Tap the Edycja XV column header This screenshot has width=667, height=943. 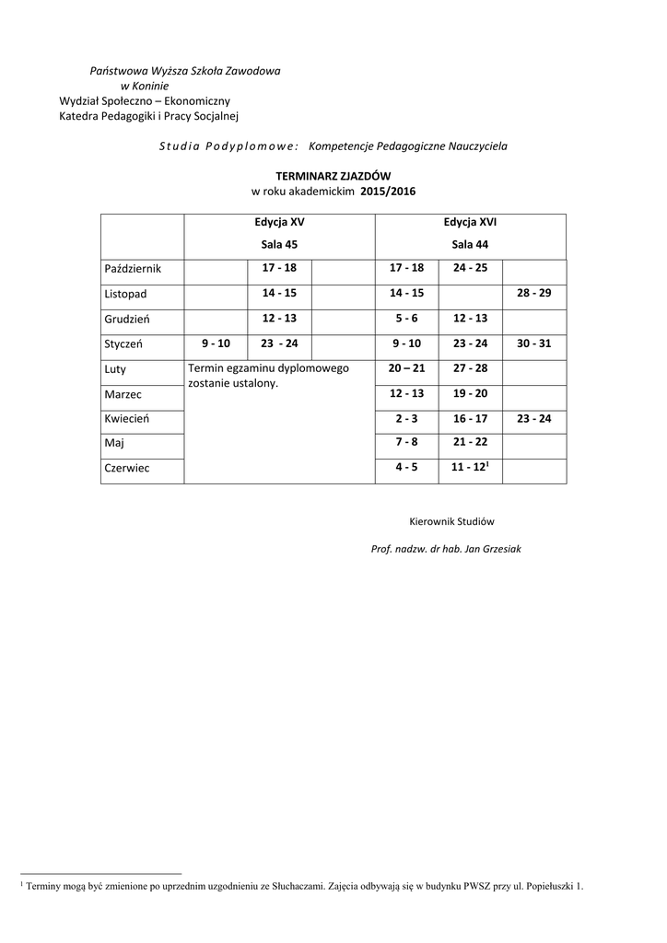(x=279, y=222)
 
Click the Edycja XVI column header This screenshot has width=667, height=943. (x=470, y=222)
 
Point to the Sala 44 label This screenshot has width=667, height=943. (x=470, y=244)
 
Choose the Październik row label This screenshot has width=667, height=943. (x=133, y=268)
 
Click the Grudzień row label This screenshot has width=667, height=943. (x=127, y=318)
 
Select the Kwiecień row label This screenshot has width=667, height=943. (x=127, y=418)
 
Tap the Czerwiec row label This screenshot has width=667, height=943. (x=127, y=468)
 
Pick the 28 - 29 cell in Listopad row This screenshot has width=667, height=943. (x=533, y=293)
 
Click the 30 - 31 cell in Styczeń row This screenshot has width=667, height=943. (x=533, y=343)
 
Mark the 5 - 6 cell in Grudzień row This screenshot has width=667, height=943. (x=406, y=318)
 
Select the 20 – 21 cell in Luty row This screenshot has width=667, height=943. (x=406, y=367)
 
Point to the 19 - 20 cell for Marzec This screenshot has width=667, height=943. (x=470, y=393)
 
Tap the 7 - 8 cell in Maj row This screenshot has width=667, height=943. (x=406, y=443)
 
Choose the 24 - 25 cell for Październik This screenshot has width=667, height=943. (x=470, y=268)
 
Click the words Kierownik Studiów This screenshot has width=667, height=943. (x=451, y=521)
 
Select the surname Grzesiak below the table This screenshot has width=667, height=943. (x=499, y=549)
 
